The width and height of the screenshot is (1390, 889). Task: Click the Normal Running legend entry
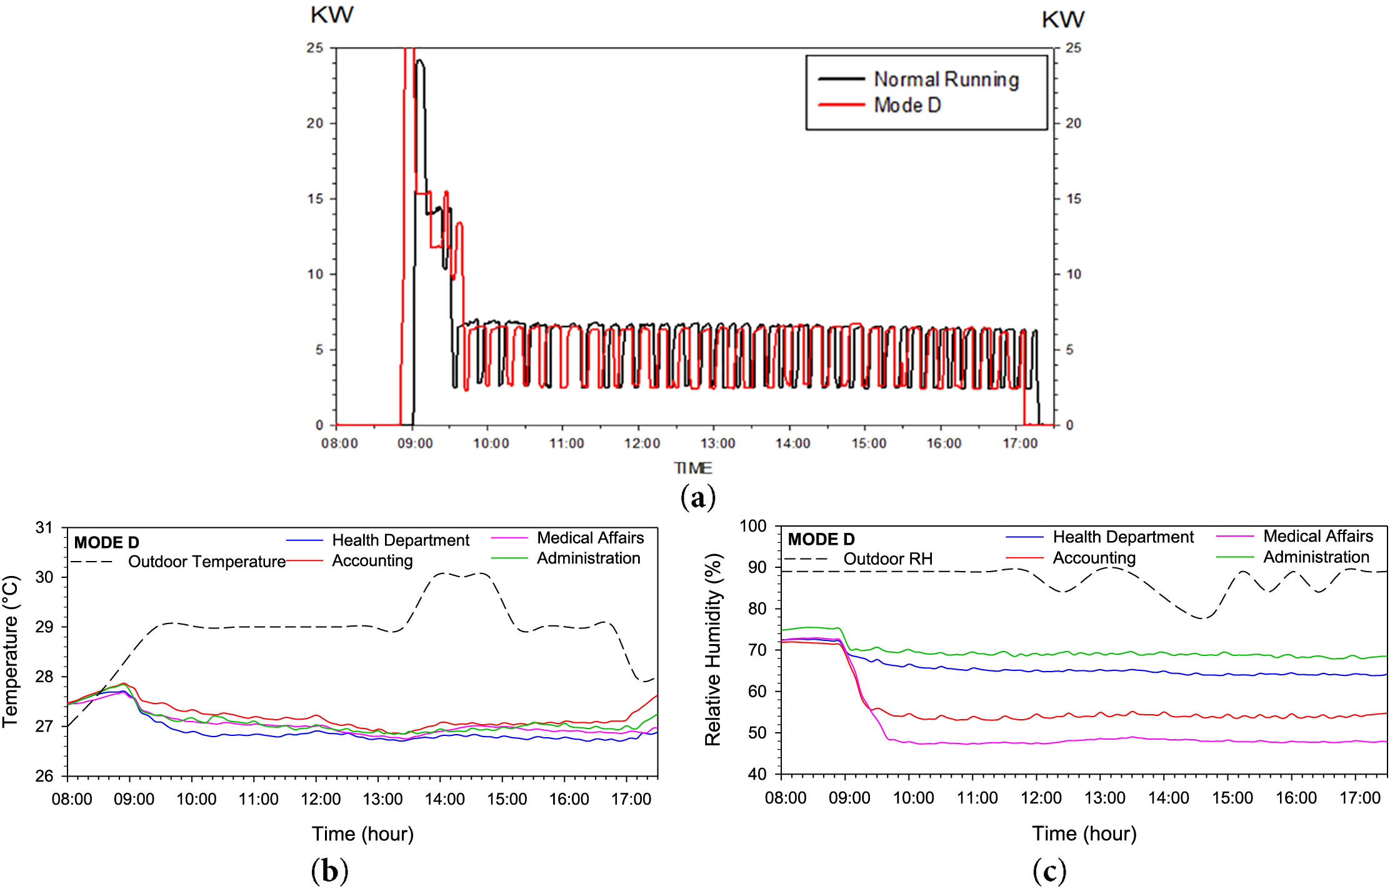point(946,80)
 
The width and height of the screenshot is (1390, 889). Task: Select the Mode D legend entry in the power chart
point(907,106)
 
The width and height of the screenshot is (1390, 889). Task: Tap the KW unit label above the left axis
point(332,15)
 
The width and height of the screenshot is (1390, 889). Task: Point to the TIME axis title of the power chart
point(692,468)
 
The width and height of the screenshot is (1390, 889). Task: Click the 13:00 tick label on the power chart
point(717,444)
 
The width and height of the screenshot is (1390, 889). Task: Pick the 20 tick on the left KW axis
point(315,123)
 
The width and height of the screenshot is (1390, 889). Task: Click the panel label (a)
point(697,497)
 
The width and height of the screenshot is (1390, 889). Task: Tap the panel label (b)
point(329,870)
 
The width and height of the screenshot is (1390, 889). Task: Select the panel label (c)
point(1049,870)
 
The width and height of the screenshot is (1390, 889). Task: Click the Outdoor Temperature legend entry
point(207,562)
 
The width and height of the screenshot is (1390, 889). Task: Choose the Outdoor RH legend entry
point(887,559)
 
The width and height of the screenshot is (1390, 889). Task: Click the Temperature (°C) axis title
point(11,652)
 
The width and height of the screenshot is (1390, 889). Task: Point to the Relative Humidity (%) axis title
point(713,650)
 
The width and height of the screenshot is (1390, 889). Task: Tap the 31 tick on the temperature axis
point(44,528)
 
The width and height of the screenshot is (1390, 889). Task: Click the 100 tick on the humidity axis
point(752,526)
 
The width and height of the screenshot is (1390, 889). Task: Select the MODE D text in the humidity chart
point(821,539)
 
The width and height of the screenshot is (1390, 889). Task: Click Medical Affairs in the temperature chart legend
point(590,538)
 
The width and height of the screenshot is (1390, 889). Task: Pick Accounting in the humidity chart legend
point(1094,558)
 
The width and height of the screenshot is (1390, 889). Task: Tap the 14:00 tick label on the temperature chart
point(445,799)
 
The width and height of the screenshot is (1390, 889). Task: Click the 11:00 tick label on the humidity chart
point(977,798)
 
